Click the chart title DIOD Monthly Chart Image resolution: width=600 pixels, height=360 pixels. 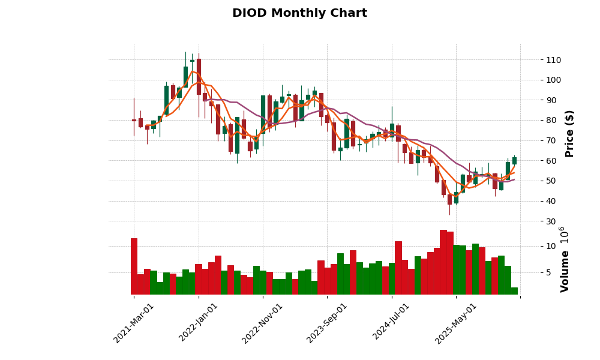299,13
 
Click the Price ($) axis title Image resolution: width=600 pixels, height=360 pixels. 569,133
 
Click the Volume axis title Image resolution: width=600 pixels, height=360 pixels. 565,259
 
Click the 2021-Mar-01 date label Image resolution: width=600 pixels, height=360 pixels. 134,323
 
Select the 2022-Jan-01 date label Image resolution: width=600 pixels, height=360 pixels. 199,323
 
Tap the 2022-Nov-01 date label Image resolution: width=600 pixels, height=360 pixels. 262,323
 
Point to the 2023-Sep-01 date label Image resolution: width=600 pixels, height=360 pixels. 327,323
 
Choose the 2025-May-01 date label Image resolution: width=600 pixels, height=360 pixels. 456,323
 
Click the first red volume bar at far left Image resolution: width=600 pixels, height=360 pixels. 134,266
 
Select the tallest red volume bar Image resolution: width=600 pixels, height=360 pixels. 443,262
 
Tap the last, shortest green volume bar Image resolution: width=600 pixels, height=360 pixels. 514,291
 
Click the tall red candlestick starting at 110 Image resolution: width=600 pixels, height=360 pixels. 199,77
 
